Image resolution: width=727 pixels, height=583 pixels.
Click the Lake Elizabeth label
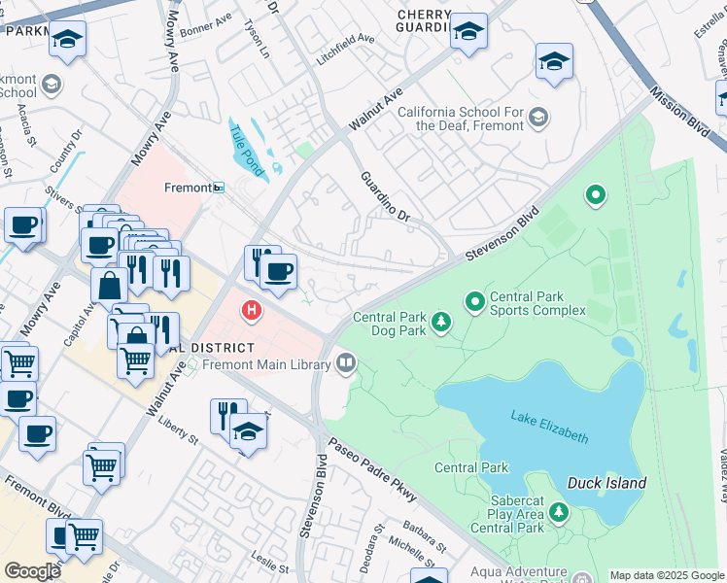pyautogui.click(x=549, y=427)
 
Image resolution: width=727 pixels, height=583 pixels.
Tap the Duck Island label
pyautogui.click(x=607, y=483)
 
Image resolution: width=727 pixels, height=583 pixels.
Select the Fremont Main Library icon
pyautogui.click(x=346, y=363)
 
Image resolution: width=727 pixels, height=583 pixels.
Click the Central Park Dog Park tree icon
pyautogui.click(x=440, y=322)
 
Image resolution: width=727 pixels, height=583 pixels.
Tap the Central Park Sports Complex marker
pyautogui.click(x=475, y=303)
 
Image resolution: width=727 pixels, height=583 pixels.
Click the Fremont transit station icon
pyautogui.click(x=220, y=188)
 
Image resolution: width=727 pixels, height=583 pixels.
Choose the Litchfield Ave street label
pyautogui.click(x=343, y=38)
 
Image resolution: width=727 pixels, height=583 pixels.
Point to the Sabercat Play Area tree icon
pyautogui.click(x=558, y=511)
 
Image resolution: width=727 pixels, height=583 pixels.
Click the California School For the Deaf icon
pyautogui.click(x=537, y=119)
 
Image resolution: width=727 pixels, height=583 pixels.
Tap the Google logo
pyautogui.click(x=32, y=571)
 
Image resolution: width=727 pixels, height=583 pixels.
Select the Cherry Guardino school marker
pyautogui.click(x=468, y=31)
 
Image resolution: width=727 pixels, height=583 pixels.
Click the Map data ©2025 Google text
pyautogui.click(x=666, y=575)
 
